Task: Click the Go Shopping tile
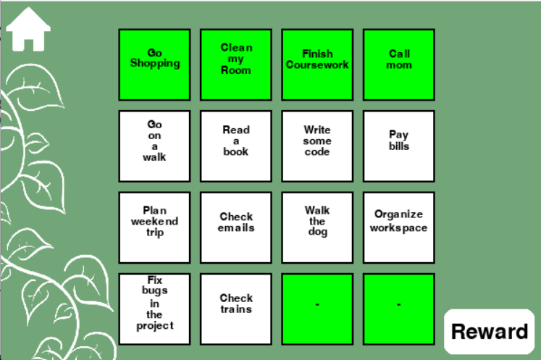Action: pos(155,65)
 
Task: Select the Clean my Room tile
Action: pos(236,65)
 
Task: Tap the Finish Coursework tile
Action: pos(317,65)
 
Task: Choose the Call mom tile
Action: pos(399,65)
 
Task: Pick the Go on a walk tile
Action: pos(155,146)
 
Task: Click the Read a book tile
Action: pos(236,146)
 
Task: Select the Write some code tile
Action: pos(317,146)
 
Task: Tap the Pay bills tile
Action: pos(399,146)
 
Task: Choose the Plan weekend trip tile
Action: pos(155,227)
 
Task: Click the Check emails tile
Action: pos(236,227)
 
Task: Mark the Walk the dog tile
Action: pos(317,227)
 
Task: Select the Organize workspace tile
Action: pos(399,227)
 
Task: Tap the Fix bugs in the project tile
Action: pos(155,309)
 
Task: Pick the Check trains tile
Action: pos(236,309)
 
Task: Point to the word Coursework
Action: pos(317,64)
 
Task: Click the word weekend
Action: pos(154,222)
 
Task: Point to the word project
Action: pos(155,326)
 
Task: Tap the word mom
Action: pos(399,65)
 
